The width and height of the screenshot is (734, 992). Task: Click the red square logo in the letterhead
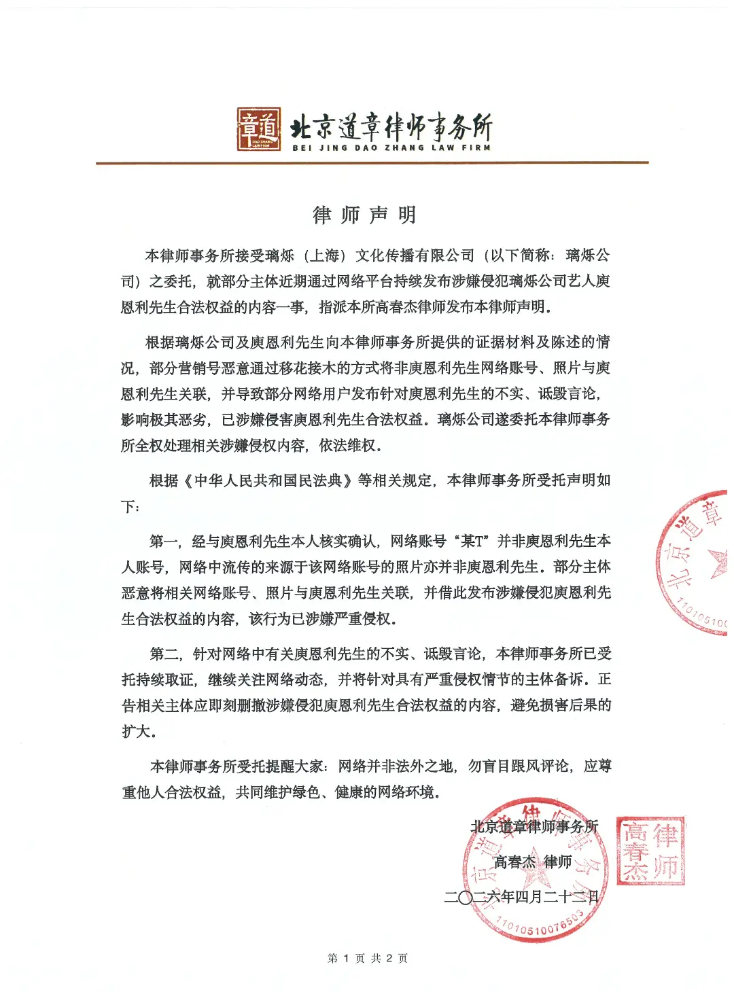pyautogui.click(x=259, y=129)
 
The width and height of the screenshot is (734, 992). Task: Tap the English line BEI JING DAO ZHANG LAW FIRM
pyautogui.click(x=391, y=147)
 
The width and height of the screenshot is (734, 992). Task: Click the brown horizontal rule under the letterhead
pyautogui.click(x=372, y=163)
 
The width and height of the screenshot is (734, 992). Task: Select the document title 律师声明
pyautogui.click(x=364, y=215)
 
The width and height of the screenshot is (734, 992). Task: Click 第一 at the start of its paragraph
pyautogui.click(x=164, y=542)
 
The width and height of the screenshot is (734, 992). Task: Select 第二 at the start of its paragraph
pyautogui.click(x=164, y=654)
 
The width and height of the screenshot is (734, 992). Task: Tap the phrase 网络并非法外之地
pyautogui.click(x=396, y=766)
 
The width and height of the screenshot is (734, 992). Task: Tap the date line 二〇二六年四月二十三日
pyautogui.click(x=521, y=897)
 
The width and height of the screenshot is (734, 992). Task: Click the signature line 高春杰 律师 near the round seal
pyautogui.click(x=532, y=862)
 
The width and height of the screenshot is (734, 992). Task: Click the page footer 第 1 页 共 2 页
pyautogui.click(x=367, y=958)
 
